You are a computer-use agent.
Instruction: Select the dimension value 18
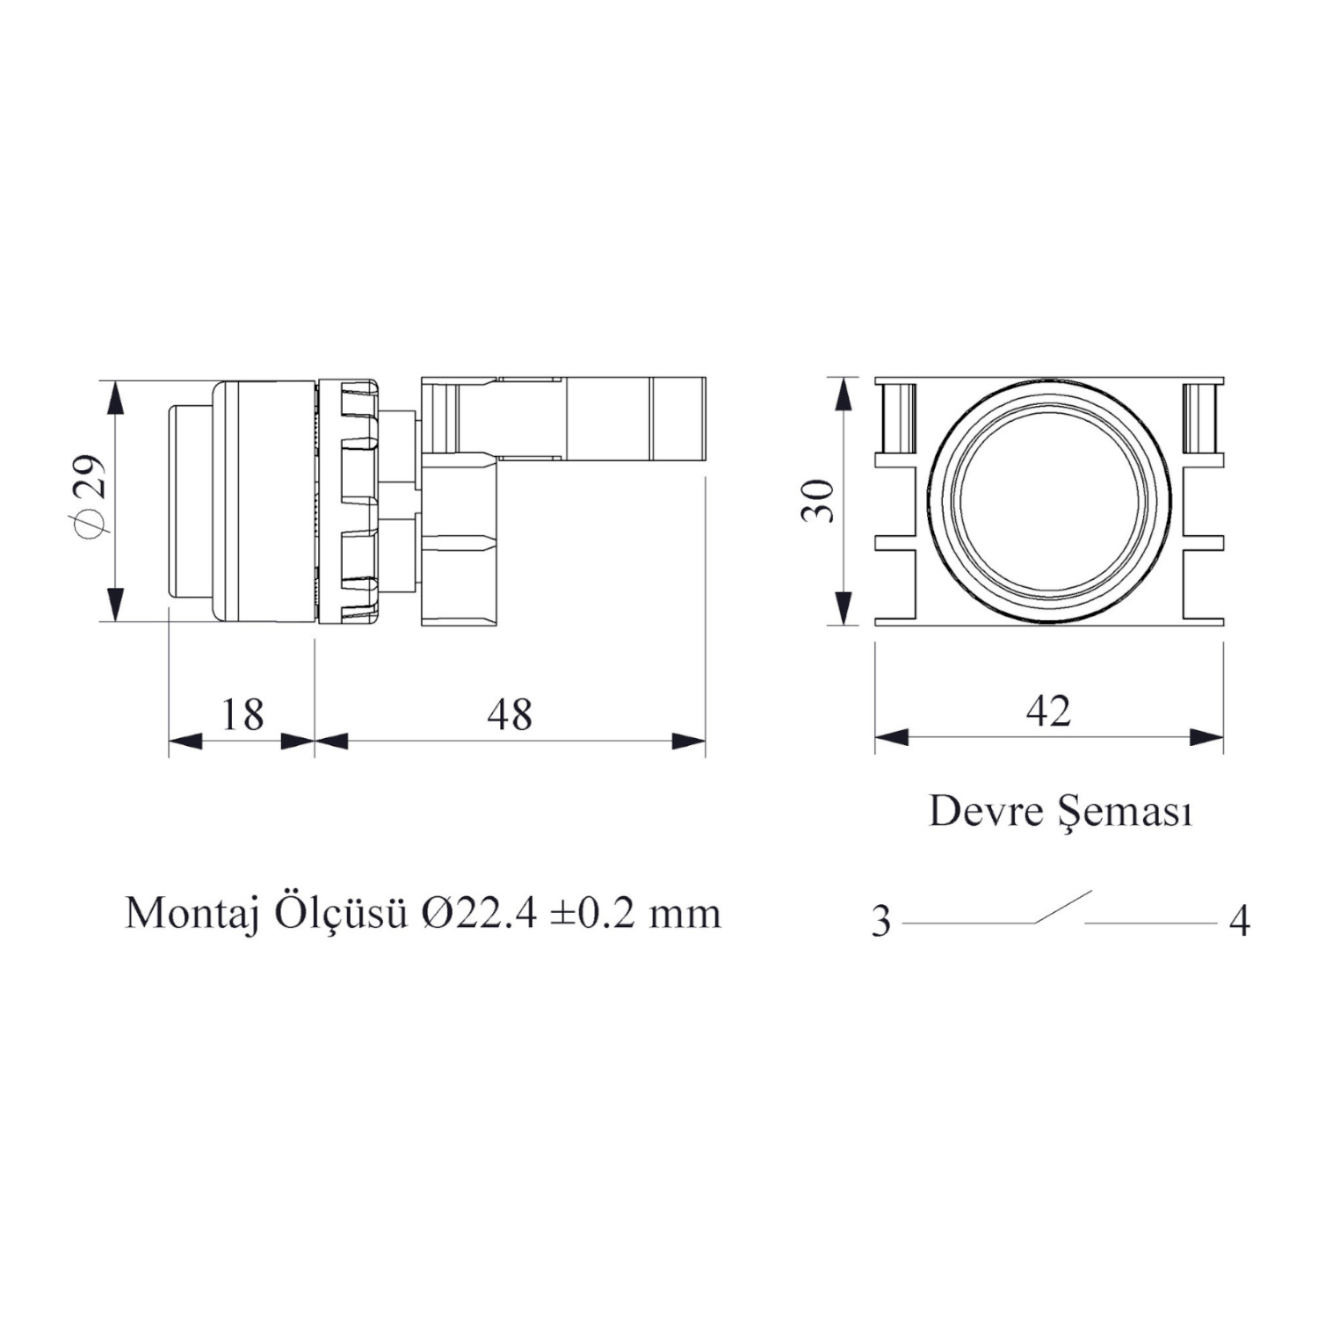pos(243,714)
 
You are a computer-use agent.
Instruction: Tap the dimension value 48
pos(510,714)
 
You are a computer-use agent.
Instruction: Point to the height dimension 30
pos(818,501)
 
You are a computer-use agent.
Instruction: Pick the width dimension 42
pos(1048,711)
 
